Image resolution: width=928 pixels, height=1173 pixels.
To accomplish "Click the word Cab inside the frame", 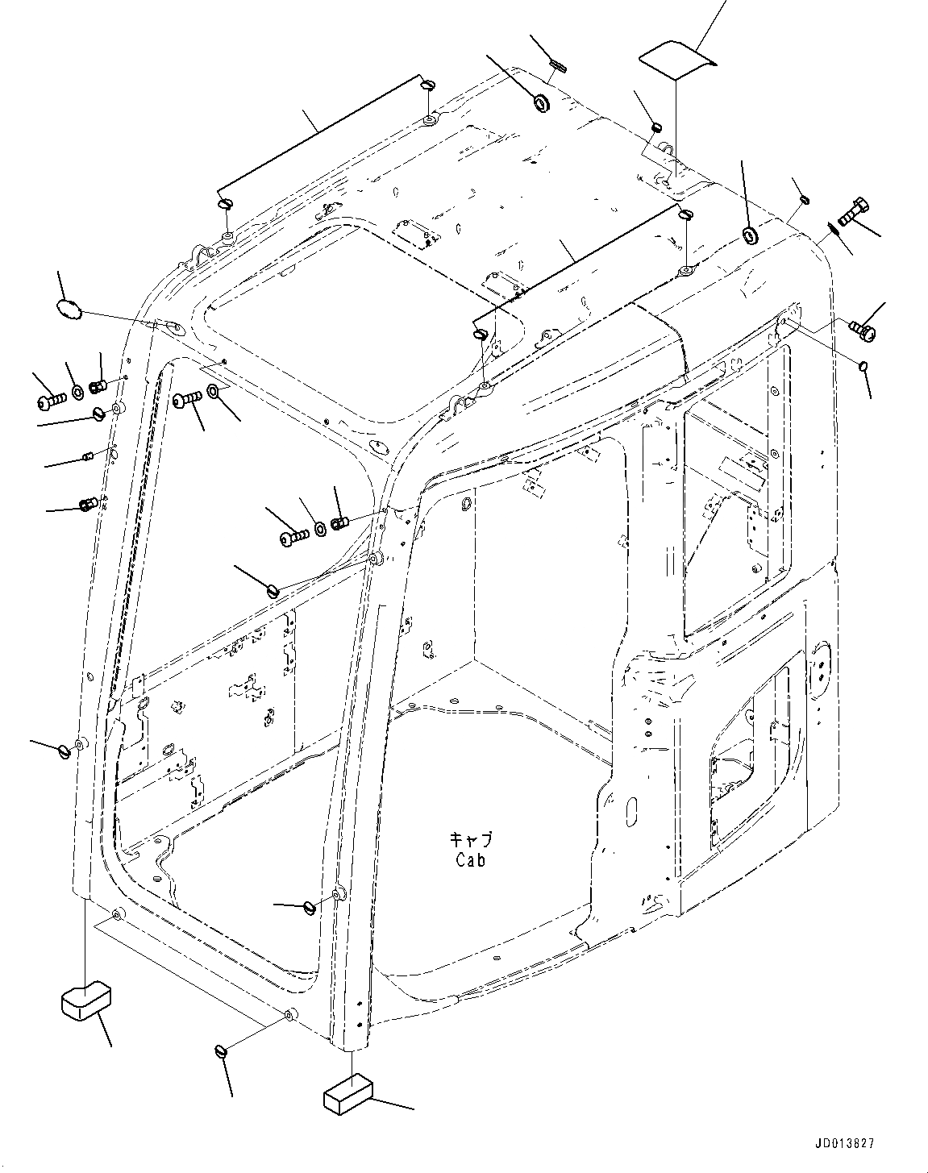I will (469, 860).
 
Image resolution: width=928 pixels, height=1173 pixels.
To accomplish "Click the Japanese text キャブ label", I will (469, 839).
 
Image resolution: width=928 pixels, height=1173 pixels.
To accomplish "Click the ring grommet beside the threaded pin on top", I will (542, 103).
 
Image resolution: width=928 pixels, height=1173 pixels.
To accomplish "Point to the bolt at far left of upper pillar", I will (50, 398).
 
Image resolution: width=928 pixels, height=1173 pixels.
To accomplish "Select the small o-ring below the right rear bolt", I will (863, 367).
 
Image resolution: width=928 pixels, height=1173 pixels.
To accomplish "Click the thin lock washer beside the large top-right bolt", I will (834, 228).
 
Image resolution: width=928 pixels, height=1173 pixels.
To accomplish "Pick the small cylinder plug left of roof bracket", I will (656, 126).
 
